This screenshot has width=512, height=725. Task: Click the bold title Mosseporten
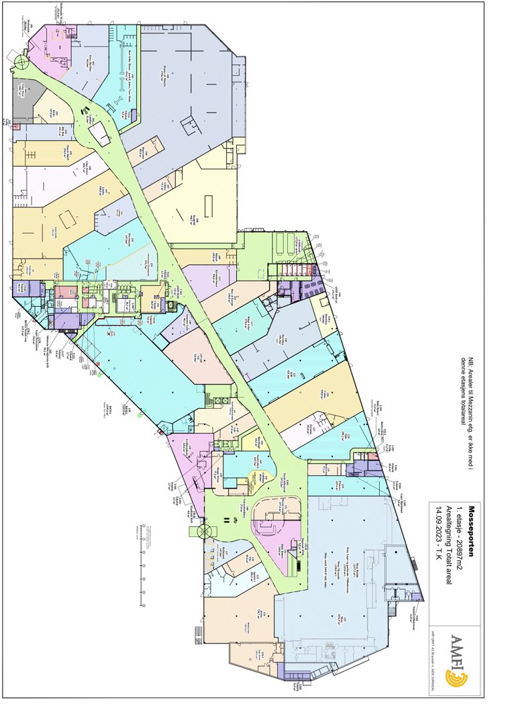click(x=472, y=528)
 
